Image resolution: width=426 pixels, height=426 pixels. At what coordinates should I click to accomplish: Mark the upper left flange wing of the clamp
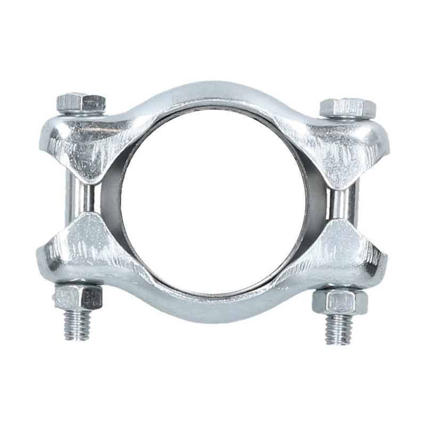[91, 141]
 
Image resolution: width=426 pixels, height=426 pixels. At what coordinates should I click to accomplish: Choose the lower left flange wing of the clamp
[85, 250]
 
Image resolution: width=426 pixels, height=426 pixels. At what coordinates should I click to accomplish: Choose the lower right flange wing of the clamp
[341, 256]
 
